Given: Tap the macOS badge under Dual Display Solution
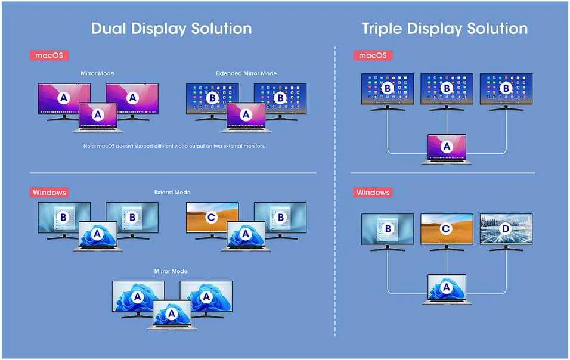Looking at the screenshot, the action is (49, 55).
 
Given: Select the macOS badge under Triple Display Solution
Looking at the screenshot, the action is (373, 55).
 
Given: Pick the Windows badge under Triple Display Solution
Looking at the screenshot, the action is (373, 192).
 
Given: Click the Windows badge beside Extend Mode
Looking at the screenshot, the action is (49, 192).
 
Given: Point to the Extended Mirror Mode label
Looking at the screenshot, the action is (246, 73).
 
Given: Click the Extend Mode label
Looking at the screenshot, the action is (172, 192).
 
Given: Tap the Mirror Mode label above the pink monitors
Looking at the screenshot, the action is (97, 73).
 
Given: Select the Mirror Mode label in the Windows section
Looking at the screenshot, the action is (171, 271).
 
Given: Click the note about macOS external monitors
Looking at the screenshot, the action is (174, 146).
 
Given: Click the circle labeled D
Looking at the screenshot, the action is (506, 228).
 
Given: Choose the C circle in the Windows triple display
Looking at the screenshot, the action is (446, 228).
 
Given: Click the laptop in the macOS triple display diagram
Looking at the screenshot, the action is (447, 149).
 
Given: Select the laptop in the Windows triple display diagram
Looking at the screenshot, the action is (447, 289).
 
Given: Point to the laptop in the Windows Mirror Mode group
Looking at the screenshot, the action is (172, 315).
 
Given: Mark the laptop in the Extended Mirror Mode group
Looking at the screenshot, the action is (246, 117).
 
